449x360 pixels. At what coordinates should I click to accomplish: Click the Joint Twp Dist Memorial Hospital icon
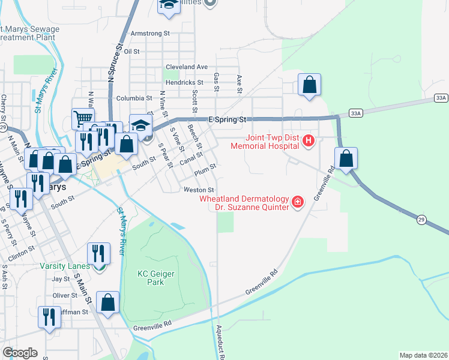click(309, 141)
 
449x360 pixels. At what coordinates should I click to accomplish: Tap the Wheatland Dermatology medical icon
click(297, 202)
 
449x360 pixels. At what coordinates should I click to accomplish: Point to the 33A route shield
click(441, 97)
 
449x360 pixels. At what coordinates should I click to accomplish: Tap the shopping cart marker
click(83, 118)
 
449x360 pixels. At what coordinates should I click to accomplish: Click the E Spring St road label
click(228, 119)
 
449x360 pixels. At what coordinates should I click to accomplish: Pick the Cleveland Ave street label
click(187, 67)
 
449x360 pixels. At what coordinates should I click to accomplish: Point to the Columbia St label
click(134, 98)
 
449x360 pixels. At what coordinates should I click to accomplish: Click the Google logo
click(20, 353)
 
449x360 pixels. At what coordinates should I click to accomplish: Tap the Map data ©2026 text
click(423, 355)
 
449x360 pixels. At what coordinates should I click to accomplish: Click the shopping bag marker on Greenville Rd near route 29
click(346, 159)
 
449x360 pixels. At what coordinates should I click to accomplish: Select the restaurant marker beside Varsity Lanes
click(97, 254)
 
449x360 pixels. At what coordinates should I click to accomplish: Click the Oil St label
click(131, 52)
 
